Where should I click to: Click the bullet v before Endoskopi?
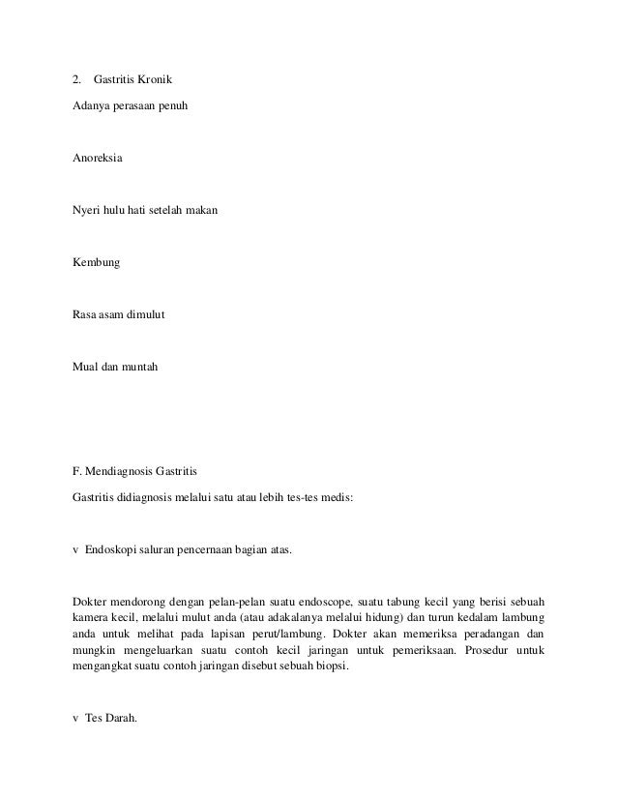coord(76,549)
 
